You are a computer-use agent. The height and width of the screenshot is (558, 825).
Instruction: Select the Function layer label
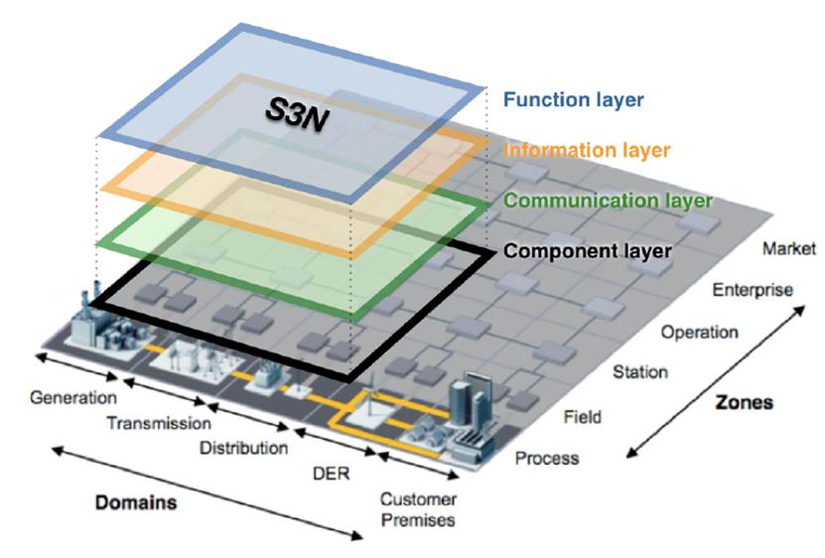coord(573,99)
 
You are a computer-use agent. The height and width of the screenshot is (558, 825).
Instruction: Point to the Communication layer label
coord(608,201)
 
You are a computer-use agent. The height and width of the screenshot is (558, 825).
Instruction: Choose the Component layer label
coord(587,251)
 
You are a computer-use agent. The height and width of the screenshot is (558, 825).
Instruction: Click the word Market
coord(788,248)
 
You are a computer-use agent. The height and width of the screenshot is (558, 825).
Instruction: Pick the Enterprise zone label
coord(753,290)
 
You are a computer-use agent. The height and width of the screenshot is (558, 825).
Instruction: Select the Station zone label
coord(640,372)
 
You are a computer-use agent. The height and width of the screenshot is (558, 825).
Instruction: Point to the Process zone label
coord(546,459)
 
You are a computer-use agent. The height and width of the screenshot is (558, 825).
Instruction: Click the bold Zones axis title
coord(744,404)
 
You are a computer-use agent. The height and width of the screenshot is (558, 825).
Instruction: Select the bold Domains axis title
coord(135,502)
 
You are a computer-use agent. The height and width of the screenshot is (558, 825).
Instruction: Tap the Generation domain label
coord(72,398)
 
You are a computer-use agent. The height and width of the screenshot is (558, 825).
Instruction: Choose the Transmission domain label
coord(159,424)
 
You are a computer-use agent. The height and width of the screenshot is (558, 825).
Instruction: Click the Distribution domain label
coord(243,448)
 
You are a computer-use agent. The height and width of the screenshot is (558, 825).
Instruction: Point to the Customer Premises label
coord(418,509)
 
